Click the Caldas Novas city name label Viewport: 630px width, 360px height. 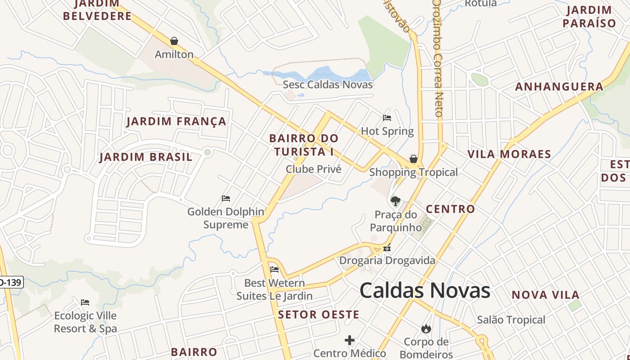point(425,290)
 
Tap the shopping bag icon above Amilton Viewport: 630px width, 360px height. point(174,41)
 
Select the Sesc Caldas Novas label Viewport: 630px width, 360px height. point(328,85)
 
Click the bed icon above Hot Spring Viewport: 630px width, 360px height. point(387,118)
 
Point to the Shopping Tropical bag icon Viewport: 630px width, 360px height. point(413,159)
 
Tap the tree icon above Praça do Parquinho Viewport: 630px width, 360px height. point(395,201)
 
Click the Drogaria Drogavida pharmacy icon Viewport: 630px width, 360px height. point(387,248)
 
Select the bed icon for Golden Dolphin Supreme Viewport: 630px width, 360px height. point(226,198)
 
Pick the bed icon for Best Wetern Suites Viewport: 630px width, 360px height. point(274,270)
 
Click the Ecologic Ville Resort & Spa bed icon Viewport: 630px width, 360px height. point(85,302)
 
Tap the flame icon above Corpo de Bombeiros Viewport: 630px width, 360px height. point(426,329)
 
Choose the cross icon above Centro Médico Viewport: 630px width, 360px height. point(350,340)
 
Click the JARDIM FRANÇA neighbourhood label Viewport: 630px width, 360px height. point(176,121)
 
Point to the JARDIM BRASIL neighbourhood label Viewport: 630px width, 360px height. point(146,157)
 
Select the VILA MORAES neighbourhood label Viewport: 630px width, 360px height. point(509,154)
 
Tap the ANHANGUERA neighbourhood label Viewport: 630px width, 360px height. point(559,87)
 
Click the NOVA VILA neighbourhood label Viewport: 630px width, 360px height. point(545,295)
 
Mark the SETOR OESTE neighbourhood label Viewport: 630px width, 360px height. point(319,315)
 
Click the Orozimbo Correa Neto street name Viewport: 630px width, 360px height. point(438,58)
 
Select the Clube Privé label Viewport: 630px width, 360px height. point(314,169)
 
